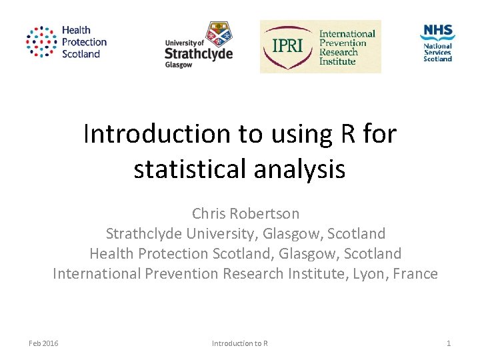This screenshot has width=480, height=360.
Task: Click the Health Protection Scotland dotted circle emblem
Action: coord(41,43)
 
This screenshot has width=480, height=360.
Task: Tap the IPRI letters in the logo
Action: coord(287,46)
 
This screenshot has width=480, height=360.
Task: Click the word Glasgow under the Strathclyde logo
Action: coord(178,65)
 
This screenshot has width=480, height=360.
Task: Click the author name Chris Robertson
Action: coord(245,214)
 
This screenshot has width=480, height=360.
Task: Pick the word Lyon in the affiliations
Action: coord(369,273)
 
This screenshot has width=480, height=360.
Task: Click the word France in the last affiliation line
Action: coord(415,273)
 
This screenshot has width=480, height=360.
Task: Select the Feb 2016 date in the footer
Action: coord(43,343)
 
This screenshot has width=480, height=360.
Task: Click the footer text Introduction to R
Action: coord(239,343)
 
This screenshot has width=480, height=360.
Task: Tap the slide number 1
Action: coord(449,343)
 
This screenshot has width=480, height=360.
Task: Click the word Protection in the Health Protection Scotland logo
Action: coord(84,42)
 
